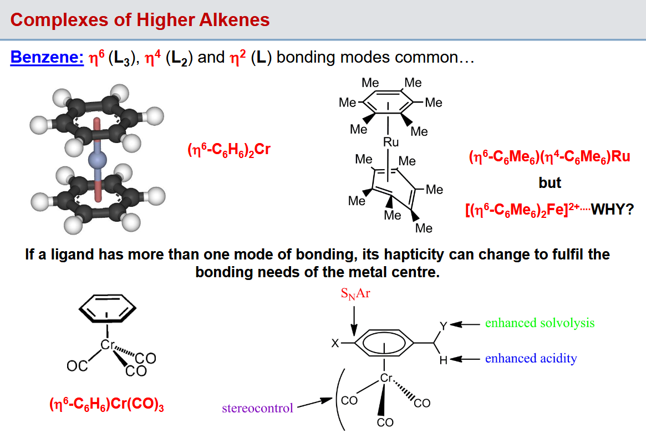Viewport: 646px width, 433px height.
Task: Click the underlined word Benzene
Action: [47, 57]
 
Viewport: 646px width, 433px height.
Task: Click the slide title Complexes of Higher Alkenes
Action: [140, 20]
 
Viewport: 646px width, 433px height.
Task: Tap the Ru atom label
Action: [390, 142]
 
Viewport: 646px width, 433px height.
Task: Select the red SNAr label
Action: [355, 294]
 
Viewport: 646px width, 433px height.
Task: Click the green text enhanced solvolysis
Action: [540, 323]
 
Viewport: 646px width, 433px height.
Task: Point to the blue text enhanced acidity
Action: [531, 358]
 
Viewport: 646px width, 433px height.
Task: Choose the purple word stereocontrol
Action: [257, 408]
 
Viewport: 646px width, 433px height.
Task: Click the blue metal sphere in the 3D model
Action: [98, 160]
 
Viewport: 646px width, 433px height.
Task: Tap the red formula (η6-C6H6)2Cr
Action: [228, 150]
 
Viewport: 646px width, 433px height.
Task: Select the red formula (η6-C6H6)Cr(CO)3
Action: [106, 404]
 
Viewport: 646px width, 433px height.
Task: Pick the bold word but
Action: [550, 182]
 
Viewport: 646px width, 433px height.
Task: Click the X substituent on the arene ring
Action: [335, 343]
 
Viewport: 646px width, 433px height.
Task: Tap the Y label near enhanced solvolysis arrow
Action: [443, 327]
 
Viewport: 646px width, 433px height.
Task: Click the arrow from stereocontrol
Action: [315, 403]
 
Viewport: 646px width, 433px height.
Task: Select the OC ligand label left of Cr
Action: [77, 366]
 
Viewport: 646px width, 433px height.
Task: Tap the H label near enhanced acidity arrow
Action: [443, 360]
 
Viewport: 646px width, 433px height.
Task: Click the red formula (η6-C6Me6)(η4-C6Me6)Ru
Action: [550, 157]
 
